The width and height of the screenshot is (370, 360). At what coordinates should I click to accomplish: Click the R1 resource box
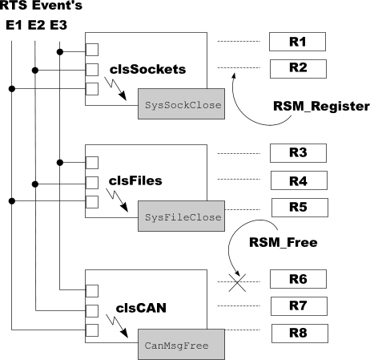(297, 42)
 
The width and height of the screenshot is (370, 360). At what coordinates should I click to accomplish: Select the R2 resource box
(298, 69)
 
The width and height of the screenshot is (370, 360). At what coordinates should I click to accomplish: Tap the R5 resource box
(300, 208)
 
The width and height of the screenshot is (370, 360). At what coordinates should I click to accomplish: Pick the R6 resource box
(298, 279)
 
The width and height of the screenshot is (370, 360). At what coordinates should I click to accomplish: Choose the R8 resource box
(300, 334)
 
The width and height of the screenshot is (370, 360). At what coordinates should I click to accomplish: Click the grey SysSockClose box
(181, 104)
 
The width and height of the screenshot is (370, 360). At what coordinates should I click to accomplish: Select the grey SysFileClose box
(181, 216)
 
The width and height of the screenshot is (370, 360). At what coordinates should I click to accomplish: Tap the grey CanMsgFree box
(181, 344)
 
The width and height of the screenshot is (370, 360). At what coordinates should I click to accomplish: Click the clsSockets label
(147, 70)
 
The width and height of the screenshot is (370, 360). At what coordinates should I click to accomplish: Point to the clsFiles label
(135, 181)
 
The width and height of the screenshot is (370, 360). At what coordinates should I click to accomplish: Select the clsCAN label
(141, 308)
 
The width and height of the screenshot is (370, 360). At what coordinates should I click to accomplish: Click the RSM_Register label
(321, 107)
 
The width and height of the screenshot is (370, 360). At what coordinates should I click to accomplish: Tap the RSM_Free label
(284, 242)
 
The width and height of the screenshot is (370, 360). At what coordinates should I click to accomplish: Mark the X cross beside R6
(237, 282)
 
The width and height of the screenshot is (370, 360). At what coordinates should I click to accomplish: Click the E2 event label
(37, 26)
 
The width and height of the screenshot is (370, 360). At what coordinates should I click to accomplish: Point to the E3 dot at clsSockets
(60, 52)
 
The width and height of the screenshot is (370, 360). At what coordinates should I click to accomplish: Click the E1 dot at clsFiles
(12, 201)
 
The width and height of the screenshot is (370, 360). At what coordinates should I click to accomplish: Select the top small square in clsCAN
(92, 291)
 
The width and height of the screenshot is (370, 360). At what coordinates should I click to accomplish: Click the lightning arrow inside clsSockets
(115, 89)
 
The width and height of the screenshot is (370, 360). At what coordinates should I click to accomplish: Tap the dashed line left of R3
(239, 154)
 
